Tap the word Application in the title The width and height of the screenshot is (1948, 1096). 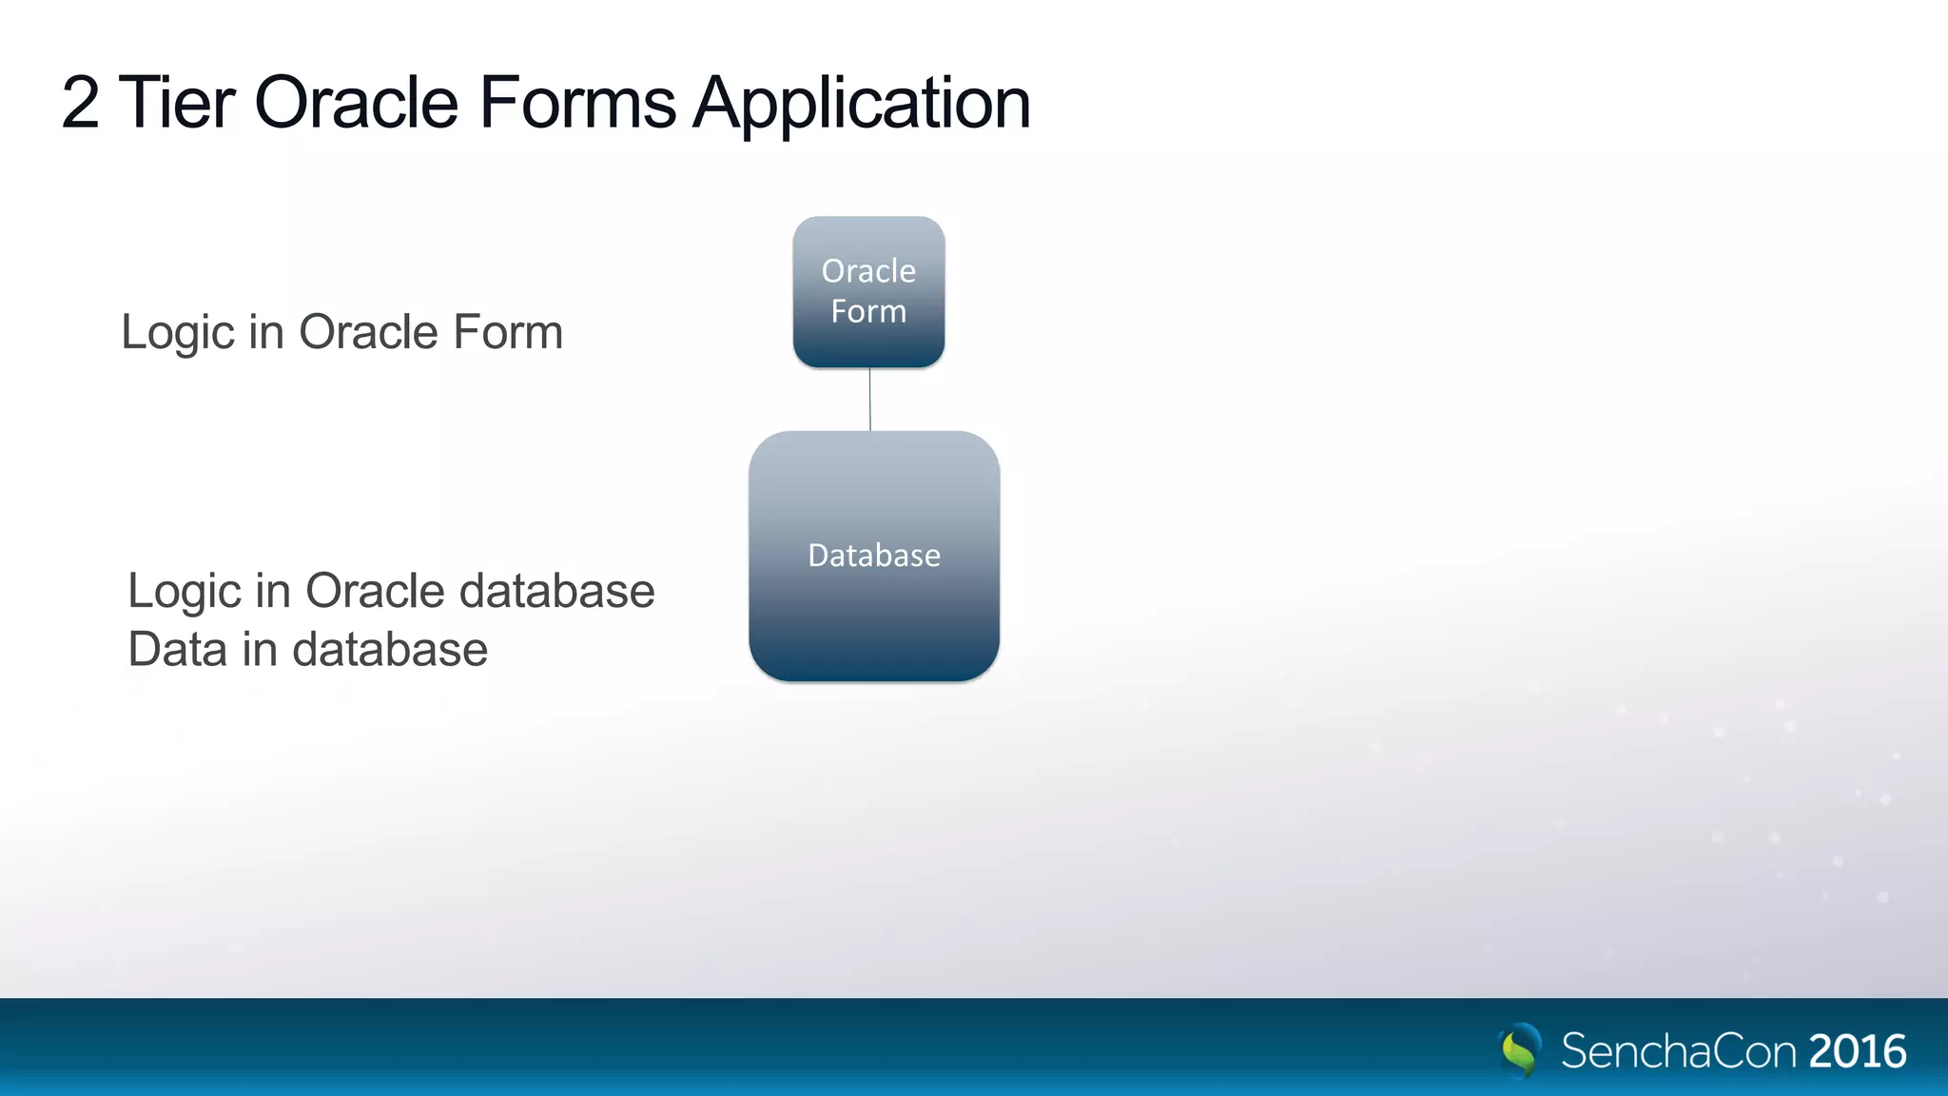tap(862, 105)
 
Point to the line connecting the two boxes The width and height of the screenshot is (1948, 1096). tap(869, 400)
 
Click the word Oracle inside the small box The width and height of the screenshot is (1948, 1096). tap(868, 271)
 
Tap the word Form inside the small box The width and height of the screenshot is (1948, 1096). tap(868, 311)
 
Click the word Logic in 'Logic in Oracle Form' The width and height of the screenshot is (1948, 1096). tap(178, 333)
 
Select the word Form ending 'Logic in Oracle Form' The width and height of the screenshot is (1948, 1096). tap(508, 333)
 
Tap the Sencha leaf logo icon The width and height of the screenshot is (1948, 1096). tap(1520, 1049)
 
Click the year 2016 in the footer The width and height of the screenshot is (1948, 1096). tap(1857, 1051)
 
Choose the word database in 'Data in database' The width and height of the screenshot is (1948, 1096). tap(390, 650)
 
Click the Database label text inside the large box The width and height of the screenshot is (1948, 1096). tap(873, 555)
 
